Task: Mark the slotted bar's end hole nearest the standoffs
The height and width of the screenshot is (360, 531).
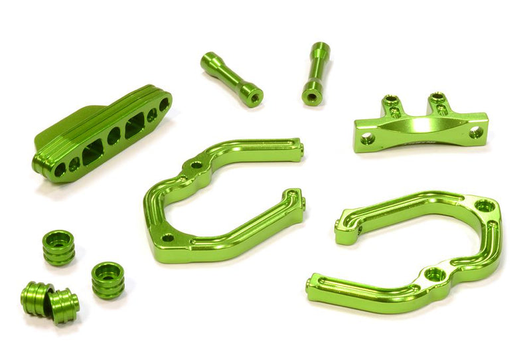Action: coord(163,104)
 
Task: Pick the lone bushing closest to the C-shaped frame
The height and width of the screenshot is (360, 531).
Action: coord(108,279)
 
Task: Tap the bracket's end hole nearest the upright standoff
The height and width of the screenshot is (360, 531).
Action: coord(368,139)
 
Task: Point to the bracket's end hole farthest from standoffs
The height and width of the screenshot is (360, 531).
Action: coord(475,132)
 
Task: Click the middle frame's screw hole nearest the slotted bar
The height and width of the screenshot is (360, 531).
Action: coord(196,164)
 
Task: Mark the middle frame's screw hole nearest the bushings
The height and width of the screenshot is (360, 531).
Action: coord(169,237)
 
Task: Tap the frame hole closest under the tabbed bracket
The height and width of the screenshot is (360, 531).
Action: coord(485,207)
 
